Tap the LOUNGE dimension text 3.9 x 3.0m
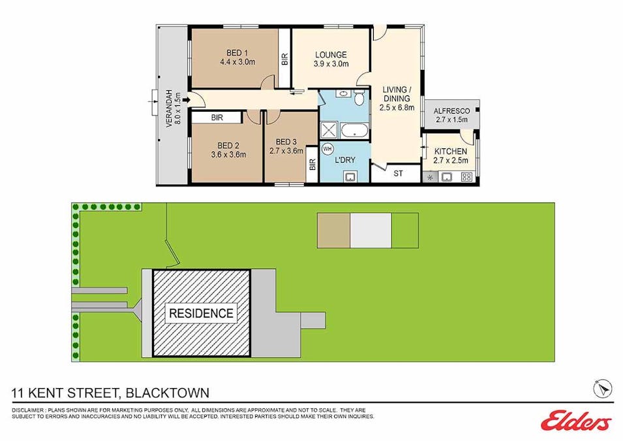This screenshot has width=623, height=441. [331, 64]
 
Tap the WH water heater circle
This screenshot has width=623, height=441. [327, 148]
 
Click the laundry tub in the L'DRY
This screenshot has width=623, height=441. [350, 175]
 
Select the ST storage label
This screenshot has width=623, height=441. [398, 174]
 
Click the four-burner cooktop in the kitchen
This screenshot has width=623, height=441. [466, 176]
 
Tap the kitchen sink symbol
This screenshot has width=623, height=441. [448, 176]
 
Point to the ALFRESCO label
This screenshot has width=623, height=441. [451, 111]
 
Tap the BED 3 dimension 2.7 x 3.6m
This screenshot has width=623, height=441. [286, 151]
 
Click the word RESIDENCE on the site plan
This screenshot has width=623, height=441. [201, 313]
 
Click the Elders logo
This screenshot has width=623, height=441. [576, 421]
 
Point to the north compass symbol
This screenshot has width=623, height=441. [603, 388]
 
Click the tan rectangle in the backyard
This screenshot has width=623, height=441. [333, 231]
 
